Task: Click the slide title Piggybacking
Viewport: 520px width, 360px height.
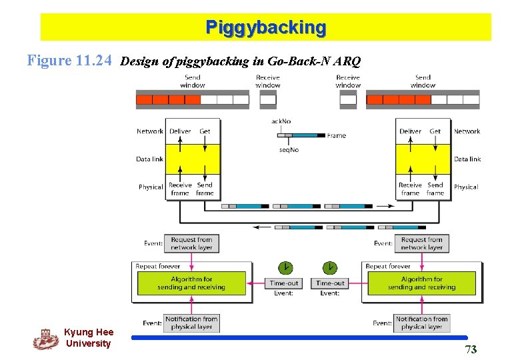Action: click(266, 28)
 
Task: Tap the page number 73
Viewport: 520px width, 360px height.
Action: click(471, 349)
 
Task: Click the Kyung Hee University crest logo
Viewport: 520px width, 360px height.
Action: click(45, 339)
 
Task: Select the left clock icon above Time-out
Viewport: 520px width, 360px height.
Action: click(285, 268)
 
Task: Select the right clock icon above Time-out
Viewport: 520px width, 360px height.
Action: click(330, 268)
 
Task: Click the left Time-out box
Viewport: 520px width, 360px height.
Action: click(284, 283)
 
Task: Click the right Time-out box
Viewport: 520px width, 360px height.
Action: click(330, 283)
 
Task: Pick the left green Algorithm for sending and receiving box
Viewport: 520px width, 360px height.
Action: click(191, 283)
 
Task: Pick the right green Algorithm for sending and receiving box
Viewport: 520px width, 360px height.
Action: click(421, 283)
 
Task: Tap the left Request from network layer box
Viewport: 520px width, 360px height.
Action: click(191, 243)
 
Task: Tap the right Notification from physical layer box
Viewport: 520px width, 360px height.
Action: click(422, 323)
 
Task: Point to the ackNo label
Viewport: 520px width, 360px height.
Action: click(281, 121)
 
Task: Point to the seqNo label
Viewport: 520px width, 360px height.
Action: click(289, 150)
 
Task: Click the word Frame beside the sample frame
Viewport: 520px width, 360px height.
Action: click(337, 136)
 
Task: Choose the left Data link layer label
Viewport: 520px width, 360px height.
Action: click(149, 159)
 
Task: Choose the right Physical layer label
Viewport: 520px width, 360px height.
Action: click(466, 187)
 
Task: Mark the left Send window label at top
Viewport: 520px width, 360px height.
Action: click(192, 81)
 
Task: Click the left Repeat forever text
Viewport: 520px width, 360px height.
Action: click(158, 267)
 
